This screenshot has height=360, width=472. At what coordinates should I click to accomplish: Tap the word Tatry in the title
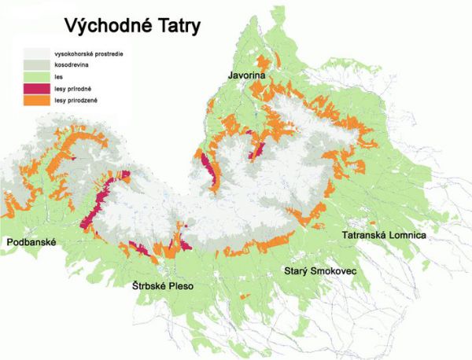177,25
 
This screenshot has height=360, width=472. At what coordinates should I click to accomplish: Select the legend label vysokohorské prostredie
87,53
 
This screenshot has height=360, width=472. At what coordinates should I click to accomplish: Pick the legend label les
57,77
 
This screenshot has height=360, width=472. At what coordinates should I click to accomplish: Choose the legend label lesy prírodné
72,89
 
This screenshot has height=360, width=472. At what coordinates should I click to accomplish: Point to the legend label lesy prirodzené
75,101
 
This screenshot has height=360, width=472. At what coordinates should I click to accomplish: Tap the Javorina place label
247,75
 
